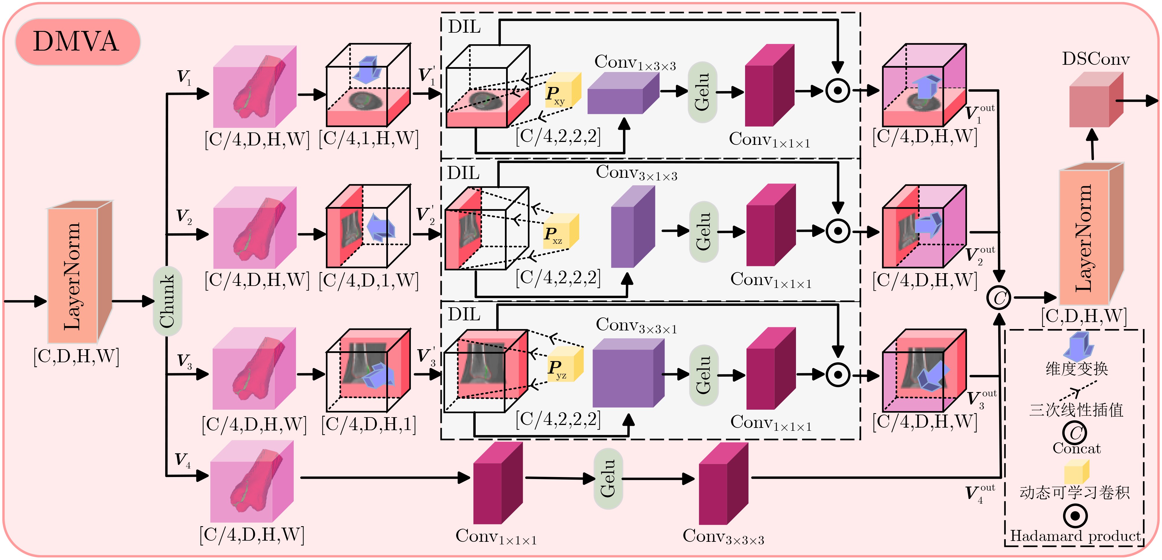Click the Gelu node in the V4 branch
tap(608, 478)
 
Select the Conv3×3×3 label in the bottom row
tap(723, 537)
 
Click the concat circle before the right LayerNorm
tap(999, 297)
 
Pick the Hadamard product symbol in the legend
tap(1075, 515)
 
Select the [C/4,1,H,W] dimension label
tap(369, 138)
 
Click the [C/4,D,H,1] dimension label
tap(369, 424)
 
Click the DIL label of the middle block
tap(463, 173)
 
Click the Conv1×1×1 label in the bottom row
tap(496, 537)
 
